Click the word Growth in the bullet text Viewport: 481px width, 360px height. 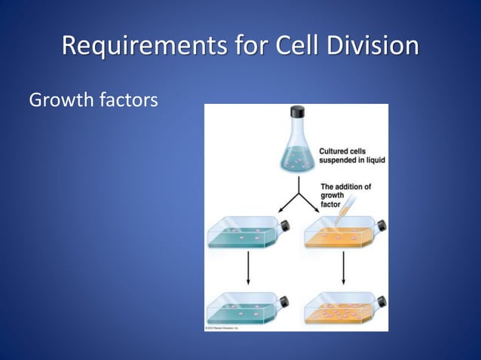coord(61,99)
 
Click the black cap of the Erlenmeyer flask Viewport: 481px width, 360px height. coord(297,112)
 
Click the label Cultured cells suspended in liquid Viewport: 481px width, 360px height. coord(352,155)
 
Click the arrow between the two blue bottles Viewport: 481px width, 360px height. coord(248,268)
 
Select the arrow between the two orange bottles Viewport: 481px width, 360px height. coord(344,268)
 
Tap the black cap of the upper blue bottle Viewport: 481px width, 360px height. coord(286,226)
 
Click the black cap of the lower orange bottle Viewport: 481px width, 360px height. coord(381,301)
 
